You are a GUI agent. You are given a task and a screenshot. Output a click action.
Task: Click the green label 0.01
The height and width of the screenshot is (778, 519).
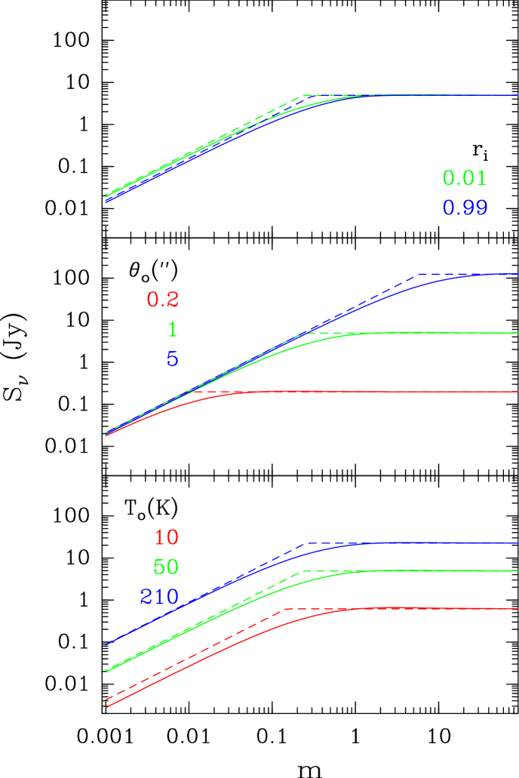coord(464,179)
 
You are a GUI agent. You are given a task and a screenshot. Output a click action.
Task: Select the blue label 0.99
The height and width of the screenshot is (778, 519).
coord(465,208)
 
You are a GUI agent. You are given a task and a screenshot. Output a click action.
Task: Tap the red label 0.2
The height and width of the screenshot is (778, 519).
coord(163,300)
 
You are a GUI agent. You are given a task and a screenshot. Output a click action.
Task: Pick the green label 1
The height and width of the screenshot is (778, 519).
coord(173,330)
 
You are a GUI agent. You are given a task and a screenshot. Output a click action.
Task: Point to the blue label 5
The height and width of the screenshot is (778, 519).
coord(173,359)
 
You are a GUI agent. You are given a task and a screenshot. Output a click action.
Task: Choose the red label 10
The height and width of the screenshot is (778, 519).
coord(167,538)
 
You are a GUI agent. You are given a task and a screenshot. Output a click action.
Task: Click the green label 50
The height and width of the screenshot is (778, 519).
coord(166,567)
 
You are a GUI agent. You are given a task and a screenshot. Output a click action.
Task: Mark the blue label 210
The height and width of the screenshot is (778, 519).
coord(159,597)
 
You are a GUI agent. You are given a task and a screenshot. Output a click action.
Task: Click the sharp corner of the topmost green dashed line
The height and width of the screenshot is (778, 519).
coord(303,96)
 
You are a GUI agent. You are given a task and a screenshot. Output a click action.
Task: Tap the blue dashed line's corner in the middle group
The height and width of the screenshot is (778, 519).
coord(418,275)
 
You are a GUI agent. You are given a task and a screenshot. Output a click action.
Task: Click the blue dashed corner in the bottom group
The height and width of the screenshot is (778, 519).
coord(306,543)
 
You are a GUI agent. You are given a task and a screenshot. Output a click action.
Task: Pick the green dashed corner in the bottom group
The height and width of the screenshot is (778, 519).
coord(302,571)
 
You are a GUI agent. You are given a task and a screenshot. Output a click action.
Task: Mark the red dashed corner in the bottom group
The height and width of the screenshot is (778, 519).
coord(284,608)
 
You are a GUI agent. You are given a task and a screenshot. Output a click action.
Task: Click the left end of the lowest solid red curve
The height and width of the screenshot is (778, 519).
coord(106,708)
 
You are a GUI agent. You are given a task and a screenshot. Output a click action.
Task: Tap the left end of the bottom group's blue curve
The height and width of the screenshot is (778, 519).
coord(106,644)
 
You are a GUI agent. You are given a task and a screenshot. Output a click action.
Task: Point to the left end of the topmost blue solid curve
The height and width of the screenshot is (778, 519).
coord(106,202)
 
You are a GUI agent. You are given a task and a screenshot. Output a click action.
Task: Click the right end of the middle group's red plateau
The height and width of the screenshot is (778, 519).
coord(517,392)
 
